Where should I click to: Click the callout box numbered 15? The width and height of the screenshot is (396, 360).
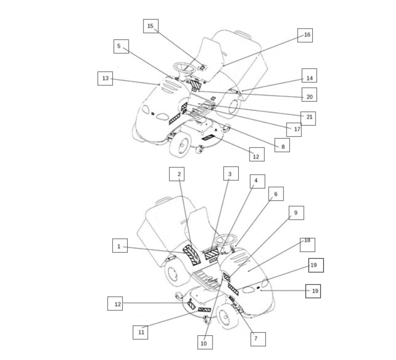[x=151, y=26]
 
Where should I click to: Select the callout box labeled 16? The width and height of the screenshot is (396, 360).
[x=305, y=36]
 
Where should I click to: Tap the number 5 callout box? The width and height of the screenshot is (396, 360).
[x=121, y=46]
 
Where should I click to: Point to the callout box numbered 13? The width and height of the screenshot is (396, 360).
[x=106, y=78]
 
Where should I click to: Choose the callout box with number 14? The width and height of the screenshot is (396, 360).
[x=309, y=75]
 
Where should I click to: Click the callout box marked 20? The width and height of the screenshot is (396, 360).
[x=309, y=95]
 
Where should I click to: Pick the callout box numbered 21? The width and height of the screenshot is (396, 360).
[x=308, y=118]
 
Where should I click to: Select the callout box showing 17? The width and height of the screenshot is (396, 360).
[x=294, y=130]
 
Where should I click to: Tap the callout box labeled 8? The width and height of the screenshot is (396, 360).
[x=283, y=145]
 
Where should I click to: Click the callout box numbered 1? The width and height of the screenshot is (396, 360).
[x=120, y=246]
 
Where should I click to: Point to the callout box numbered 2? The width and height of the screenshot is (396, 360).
[x=177, y=174]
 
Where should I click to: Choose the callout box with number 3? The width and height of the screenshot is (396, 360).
[x=231, y=174]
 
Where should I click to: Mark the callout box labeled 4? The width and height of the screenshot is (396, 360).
[x=257, y=181]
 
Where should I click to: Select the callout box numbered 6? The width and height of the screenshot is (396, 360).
[x=276, y=194]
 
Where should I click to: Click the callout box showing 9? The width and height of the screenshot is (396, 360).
[x=296, y=213]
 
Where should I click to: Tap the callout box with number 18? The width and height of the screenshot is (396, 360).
[x=308, y=245]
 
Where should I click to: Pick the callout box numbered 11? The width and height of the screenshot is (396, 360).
[x=141, y=332]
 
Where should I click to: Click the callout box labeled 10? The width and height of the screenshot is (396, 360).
[x=205, y=343]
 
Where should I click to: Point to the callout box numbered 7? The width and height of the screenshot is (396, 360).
[x=258, y=339]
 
